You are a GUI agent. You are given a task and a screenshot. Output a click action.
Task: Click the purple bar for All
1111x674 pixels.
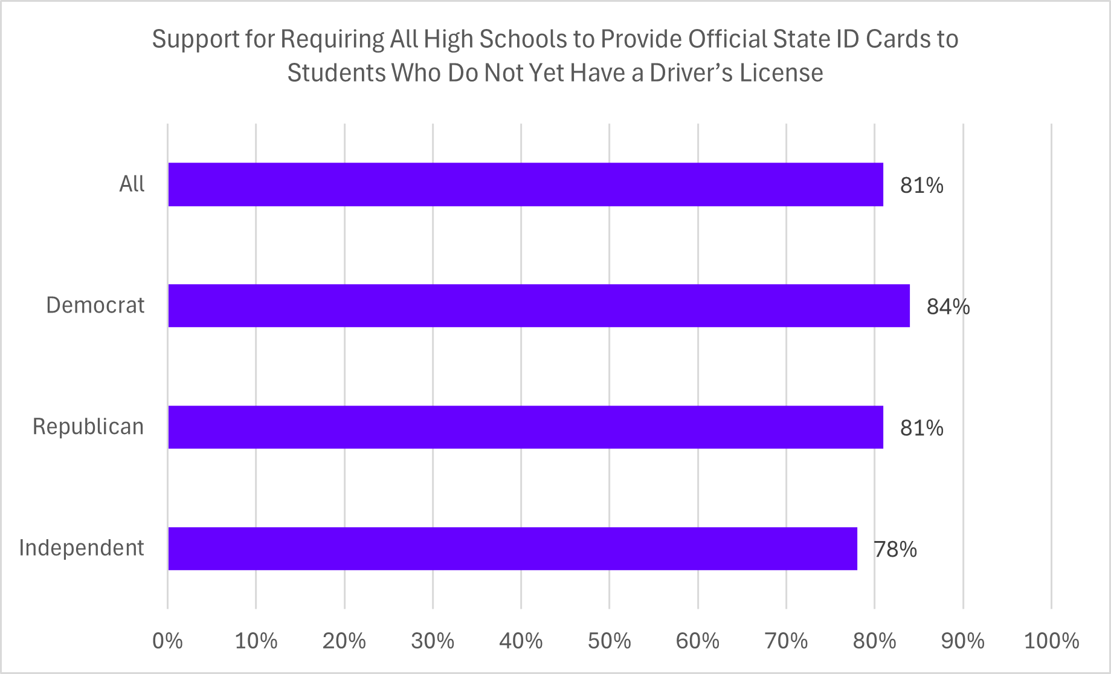click(526, 184)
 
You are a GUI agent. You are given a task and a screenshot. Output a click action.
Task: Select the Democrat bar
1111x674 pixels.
click(539, 306)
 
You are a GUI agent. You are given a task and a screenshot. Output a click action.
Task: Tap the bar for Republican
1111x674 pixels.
click(526, 427)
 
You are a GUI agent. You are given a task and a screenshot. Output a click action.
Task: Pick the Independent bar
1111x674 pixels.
click(512, 548)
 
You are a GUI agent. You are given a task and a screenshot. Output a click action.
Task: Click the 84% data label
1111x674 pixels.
click(948, 307)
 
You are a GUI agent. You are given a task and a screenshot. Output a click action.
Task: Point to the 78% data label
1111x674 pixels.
click(895, 549)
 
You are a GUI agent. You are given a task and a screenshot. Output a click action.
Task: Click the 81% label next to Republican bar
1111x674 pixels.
click(921, 428)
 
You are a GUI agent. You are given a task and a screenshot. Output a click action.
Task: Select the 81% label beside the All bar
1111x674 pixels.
click(921, 186)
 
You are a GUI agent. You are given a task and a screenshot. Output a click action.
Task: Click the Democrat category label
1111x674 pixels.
click(95, 305)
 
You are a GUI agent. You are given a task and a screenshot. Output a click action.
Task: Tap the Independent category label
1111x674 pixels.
click(82, 548)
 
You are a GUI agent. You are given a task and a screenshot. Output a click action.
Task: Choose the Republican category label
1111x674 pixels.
click(88, 427)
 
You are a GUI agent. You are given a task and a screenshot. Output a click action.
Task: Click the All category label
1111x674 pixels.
click(132, 184)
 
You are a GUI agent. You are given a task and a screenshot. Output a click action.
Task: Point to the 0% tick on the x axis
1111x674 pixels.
click(167, 641)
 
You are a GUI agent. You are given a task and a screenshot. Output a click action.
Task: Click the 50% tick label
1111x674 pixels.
click(609, 641)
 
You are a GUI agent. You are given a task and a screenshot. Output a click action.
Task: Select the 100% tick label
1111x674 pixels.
click(1051, 641)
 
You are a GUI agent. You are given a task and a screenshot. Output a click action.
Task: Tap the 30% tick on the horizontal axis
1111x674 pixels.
click(433, 641)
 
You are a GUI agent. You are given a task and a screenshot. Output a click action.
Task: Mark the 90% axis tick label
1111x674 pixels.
click(962, 641)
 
